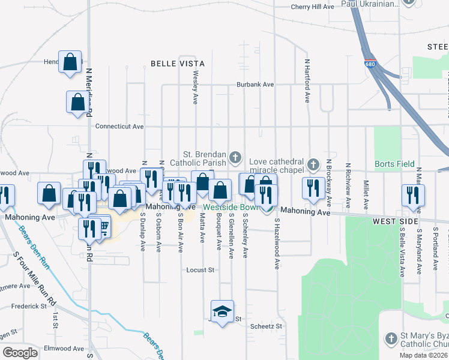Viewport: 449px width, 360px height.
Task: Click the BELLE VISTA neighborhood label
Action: point(177,63)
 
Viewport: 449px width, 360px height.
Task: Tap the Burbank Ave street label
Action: point(255,85)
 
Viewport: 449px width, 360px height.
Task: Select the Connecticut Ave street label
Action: point(120,127)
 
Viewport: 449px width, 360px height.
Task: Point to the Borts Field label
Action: point(392,164)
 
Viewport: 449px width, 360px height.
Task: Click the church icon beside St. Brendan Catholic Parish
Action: point(235,158)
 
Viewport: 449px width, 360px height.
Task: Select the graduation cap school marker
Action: point(222,311)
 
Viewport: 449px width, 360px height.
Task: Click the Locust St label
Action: point(200,270)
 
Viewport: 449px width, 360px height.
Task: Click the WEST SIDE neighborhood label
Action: point(394,222)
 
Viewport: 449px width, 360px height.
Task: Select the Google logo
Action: point(20,352)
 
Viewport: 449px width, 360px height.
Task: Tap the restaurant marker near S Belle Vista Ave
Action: point(413,194)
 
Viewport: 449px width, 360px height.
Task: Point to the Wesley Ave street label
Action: point(195,88)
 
